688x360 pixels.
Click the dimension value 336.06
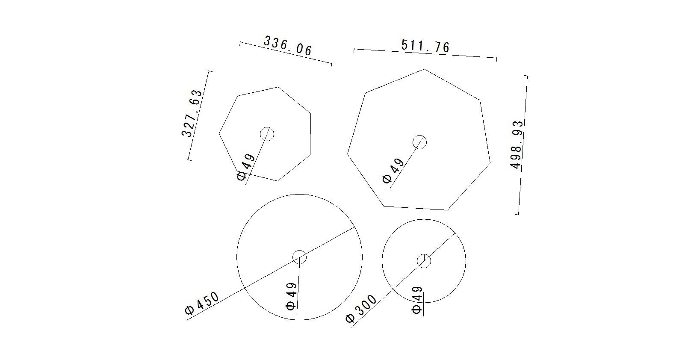click(288, 45)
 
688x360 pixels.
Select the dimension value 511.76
click(425, 46)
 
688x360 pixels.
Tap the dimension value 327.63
click(192, 113)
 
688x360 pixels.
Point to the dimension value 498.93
click(517, 145)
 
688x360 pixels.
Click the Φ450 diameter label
click(202, 303)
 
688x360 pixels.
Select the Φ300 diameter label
click(361, 309)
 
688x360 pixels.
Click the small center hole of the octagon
click(267, 134)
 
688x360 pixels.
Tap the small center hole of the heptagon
click(419, 142)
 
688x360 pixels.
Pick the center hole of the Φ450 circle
click(299, 257)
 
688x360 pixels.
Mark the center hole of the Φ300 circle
click(424, 261)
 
